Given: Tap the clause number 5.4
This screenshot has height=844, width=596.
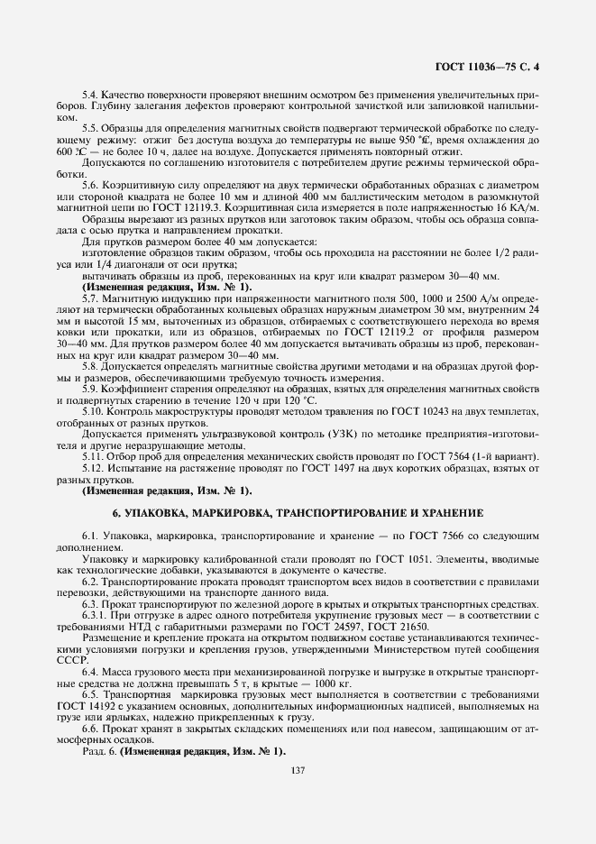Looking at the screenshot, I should [x=92, y=95].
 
